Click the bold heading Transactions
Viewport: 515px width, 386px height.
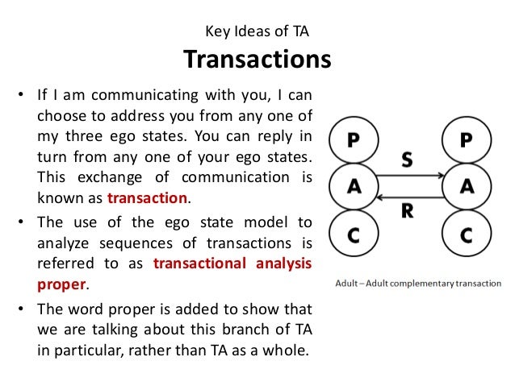pyautogui.click(x=257, y=60)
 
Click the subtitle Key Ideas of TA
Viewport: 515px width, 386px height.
pyautogui.click(x=257, y=32)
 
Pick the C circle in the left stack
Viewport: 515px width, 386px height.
pyautogui.click(x=354, y=234)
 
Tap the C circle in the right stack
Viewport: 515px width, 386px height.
pyautogui.click(x=465, y=234)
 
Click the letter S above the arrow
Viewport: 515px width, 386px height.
pyautogui.click(x=408, y=160)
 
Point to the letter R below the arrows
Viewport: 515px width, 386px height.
pyautogui.click(x=408, y=213)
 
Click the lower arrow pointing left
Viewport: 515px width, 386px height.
pyautogui.click(x=408, y=196)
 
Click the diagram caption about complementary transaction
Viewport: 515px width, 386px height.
pyautogui.click(x=418, y=284)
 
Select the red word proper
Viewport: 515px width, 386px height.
pyautogui.click(x=60, y=284)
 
